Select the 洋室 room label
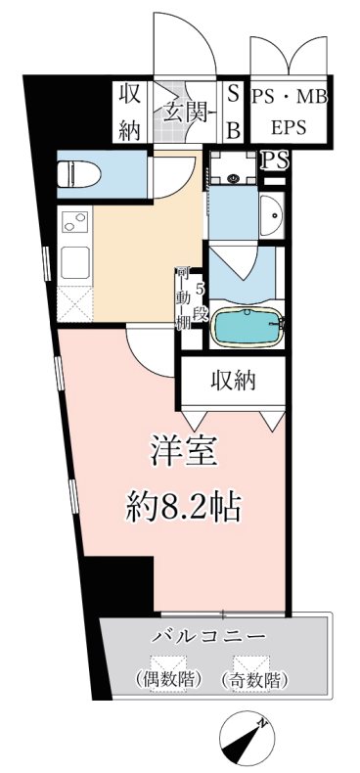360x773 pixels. [x=183, y=455]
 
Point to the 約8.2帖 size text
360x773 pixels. [x=185, y=506]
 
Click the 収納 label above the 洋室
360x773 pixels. [x=231, y=380]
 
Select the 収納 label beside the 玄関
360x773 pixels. [x=130, y=112]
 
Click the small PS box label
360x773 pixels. [x=274, y=160]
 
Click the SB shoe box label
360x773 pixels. [x=233, y=113]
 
